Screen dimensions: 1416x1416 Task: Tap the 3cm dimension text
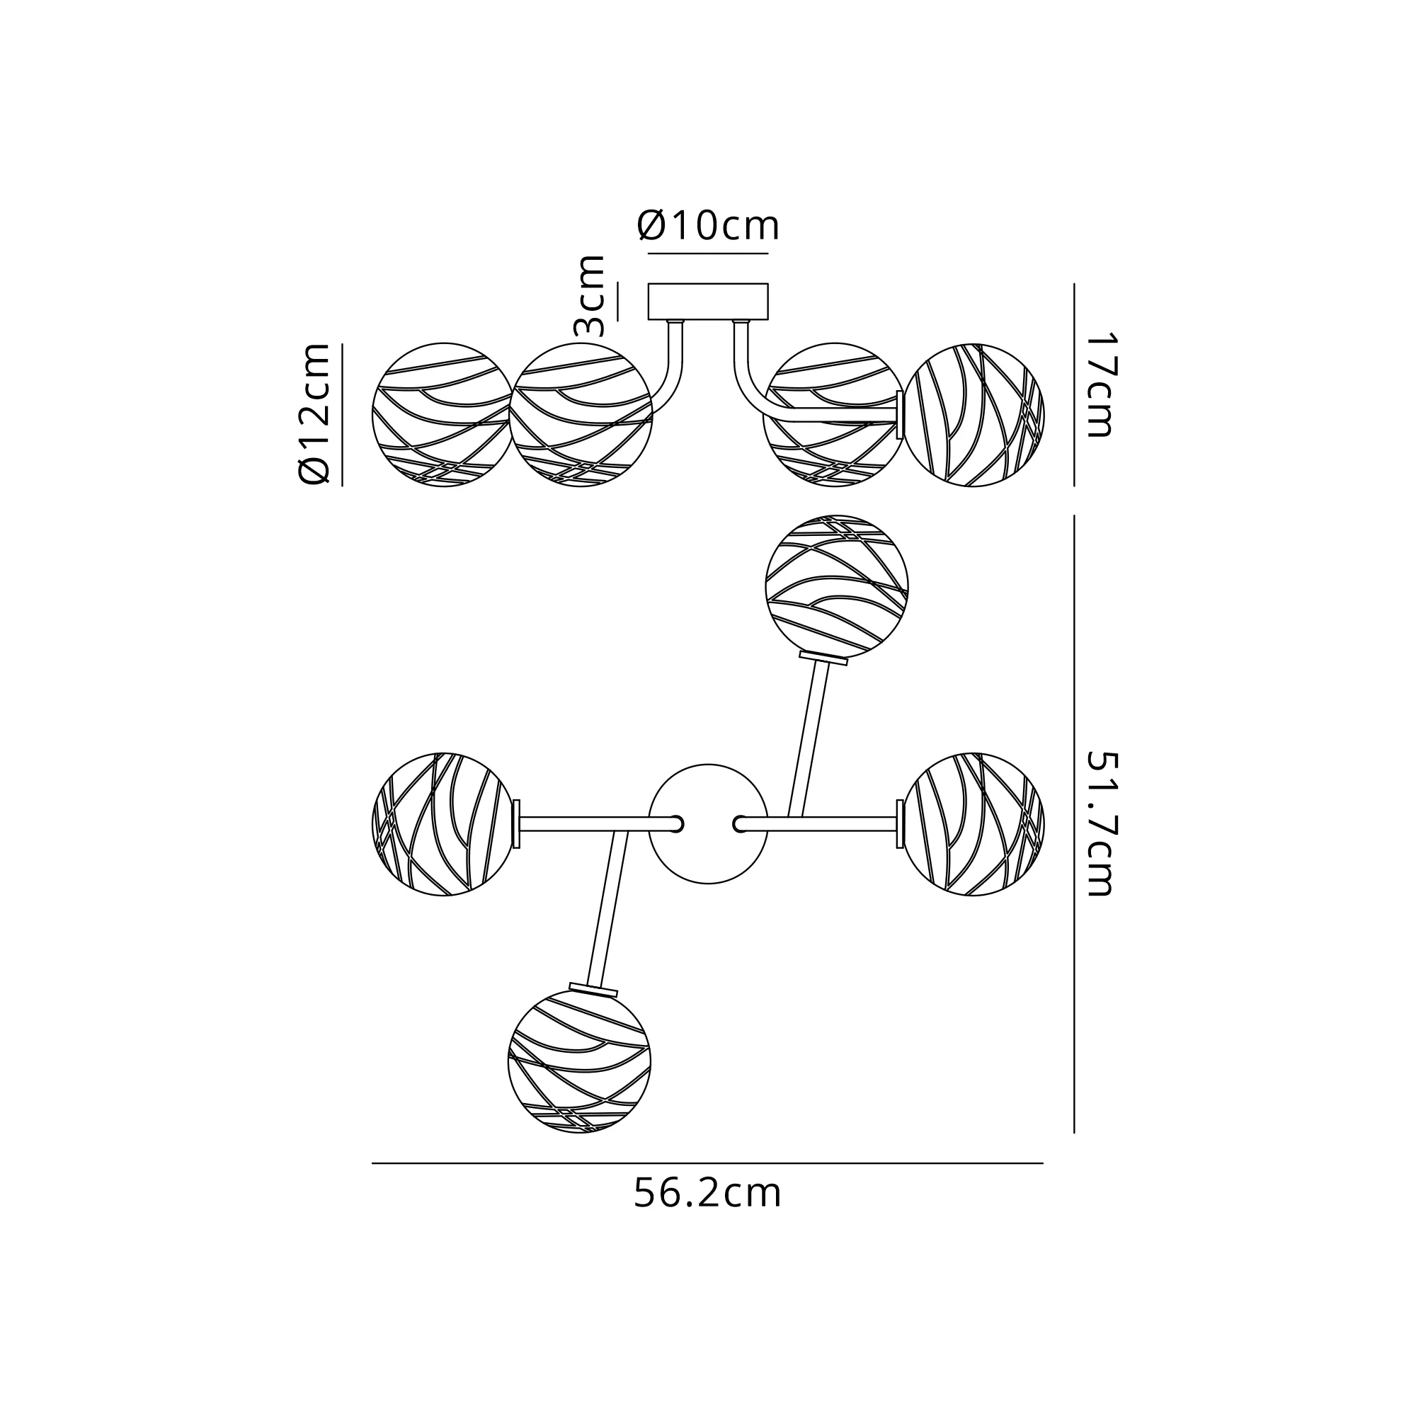(x=590, y=295)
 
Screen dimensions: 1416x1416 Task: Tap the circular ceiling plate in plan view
(x=708, y=825)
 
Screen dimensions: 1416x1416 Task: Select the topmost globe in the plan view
(x=837, y=587)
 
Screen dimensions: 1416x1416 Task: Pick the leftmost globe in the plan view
(x=443, y=825)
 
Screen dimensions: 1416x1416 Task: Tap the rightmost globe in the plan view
(x=973, y=825)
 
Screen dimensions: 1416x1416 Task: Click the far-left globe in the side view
(x=443, y=415)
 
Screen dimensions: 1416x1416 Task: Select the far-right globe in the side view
(x=973, y=415)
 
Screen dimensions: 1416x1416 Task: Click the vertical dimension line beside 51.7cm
(x=1074, y=825)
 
